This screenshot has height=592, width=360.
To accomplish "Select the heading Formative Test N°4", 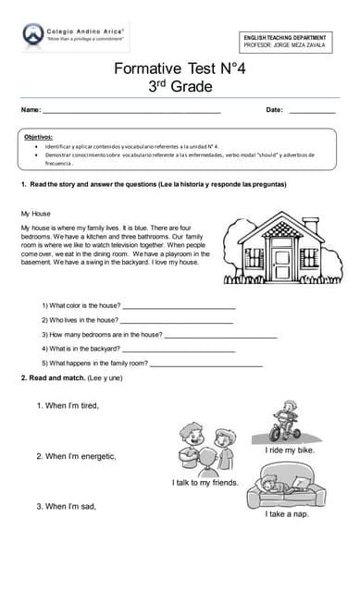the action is tap(180, 68).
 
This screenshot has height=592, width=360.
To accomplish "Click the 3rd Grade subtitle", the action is tap(180, 87).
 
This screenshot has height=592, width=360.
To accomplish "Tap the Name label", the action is tap(31, 110).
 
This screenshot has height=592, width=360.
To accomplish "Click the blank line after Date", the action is tap(312, 111).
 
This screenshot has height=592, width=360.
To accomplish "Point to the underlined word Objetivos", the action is tap(39, 136).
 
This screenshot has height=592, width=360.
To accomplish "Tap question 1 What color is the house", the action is tap(81, 304).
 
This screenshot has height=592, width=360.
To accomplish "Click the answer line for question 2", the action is tap(176, 320).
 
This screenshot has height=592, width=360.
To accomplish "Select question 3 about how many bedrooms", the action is tap(102, 334).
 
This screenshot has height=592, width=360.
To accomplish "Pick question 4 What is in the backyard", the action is tap(81, 349).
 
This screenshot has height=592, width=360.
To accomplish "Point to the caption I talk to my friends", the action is tap(205, 482).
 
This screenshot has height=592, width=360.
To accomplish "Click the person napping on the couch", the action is tap(286, 485).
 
